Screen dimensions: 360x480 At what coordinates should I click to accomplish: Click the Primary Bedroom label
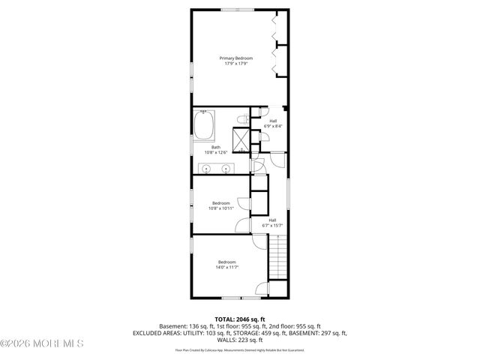[x=235, y=58]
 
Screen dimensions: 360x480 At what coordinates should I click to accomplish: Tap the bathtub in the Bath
[x=205, y=125]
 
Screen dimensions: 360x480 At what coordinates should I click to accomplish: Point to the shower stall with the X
[x=242, y=140]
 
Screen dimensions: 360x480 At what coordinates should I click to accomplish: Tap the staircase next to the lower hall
[x=278, y=256]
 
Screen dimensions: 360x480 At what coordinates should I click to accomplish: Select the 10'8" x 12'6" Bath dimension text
[x=215, y=153]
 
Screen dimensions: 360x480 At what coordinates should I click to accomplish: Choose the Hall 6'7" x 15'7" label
[x=271, y=223]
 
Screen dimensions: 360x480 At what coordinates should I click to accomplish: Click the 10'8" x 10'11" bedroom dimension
[x=220, y=208]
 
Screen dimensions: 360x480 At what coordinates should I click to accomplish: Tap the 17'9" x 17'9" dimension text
[x=235, y=64]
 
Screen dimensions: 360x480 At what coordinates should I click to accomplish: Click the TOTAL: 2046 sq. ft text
[x=240, y=319]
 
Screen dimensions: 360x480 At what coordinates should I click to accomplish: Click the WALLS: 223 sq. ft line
[x=239, y=339]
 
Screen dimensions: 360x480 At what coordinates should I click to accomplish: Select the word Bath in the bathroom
[x=215, y=147]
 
